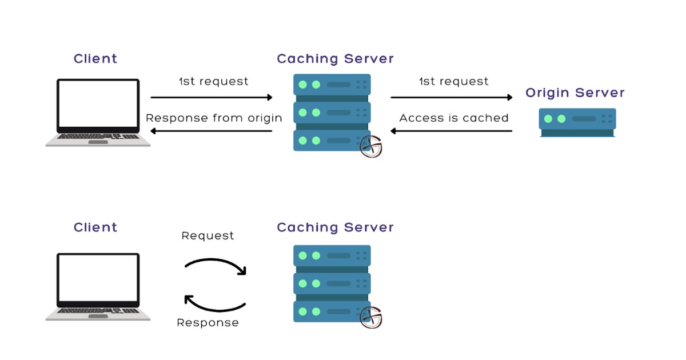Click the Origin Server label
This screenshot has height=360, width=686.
coord(575,93)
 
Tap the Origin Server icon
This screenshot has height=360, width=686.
coord(577,122)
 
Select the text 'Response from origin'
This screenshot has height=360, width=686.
coord(214,118)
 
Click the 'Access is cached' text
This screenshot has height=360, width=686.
coord(453,118)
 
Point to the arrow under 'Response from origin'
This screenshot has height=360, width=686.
coord(212,131)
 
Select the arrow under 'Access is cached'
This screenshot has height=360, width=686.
coord(452,131)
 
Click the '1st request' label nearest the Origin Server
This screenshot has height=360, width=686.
coord(453,82)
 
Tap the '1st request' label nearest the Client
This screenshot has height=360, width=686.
coord(213,82)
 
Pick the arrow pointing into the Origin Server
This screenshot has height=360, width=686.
coord(452,97)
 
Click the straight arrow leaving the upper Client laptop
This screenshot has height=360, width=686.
coord(212,97)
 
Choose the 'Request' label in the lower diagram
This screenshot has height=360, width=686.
coord(208,235)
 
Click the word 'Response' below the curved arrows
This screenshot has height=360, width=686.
coord(208,323)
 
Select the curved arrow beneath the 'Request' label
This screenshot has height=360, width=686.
coord(216,264)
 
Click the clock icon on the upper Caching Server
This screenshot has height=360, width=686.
coord(370,146)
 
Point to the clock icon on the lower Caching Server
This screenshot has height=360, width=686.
coord(370,318)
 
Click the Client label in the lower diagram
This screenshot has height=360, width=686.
coord(95,227)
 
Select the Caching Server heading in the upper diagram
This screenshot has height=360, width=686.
coord(335,59)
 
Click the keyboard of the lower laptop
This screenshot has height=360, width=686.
coord(98,310)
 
